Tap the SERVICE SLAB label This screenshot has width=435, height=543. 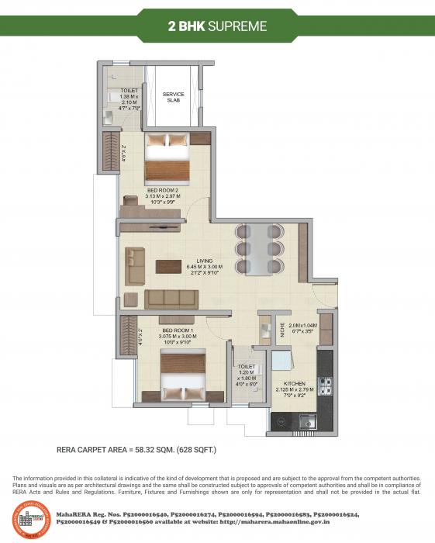click(173, 99)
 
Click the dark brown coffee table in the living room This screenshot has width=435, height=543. click(169, 266)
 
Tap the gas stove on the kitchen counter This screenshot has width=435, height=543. click(326, 385)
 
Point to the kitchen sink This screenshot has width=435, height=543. click(307, 422)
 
